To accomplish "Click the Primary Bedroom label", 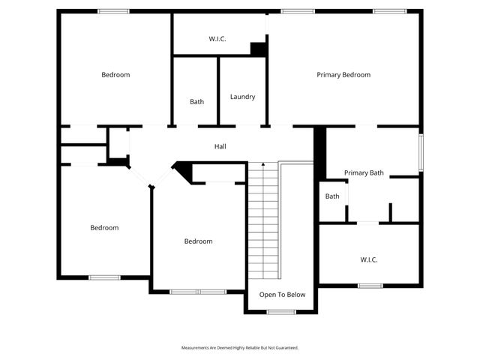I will click(x=343, y=75).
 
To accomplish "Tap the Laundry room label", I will click(x=242, y=97).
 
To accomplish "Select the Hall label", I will click(x=220, y=146).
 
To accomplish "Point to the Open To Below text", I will click(x=282, y=294).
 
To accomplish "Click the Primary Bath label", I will click(x=364, y=173).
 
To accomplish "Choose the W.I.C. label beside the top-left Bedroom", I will click(x=217, y=38).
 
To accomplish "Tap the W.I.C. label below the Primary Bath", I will click(x=369, y=259).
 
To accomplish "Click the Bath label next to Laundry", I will click(x=196, y=102).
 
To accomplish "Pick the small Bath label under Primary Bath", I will click(x=332, y=196).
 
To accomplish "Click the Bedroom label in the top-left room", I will click(x=115, y=75).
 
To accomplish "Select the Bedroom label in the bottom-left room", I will click(x=104, y=228).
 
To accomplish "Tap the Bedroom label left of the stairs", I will click(x=198, y=241).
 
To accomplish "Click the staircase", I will click(x=263, y=221).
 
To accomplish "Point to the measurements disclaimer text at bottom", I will click(x=240, y=348).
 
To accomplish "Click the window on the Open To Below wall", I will click(x=282, y=311).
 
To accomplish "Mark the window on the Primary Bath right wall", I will click(x=421, y=152).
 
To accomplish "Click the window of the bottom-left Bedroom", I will click(x=105, y=277).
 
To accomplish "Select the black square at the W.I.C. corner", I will click(x=259, y=49).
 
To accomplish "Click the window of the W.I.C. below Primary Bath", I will click(x=370, y=285).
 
